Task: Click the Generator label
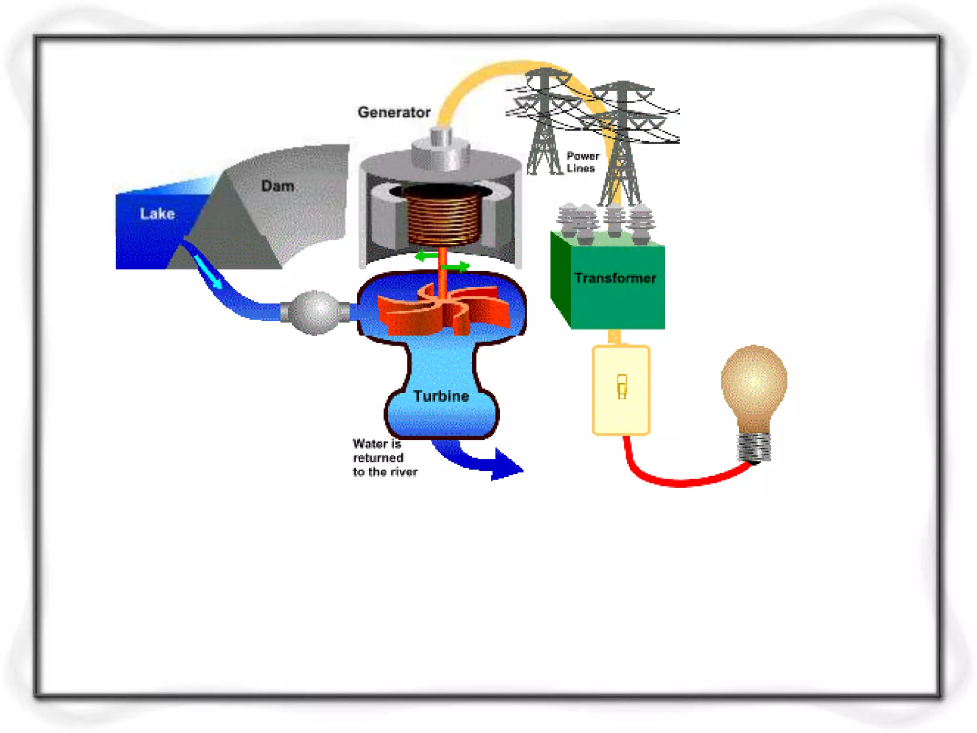click(x=394, y=112)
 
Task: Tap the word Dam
click(x=277, y=186)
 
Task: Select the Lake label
click(x=157, y=213)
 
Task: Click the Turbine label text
click(x=441, y=396)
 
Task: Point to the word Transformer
click(x=615, y=278)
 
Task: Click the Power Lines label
click(x=582, y=162)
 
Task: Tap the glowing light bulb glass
click(x=754, y=382)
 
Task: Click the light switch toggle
click(x=622, y=386)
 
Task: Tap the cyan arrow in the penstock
click(x=208, y=272)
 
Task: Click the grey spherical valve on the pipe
click(x=315, y=313)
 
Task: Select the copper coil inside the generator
click(x=443, y=215)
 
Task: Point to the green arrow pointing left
click(x=426, y=256)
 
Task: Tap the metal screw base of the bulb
click(x=754, y=446)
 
